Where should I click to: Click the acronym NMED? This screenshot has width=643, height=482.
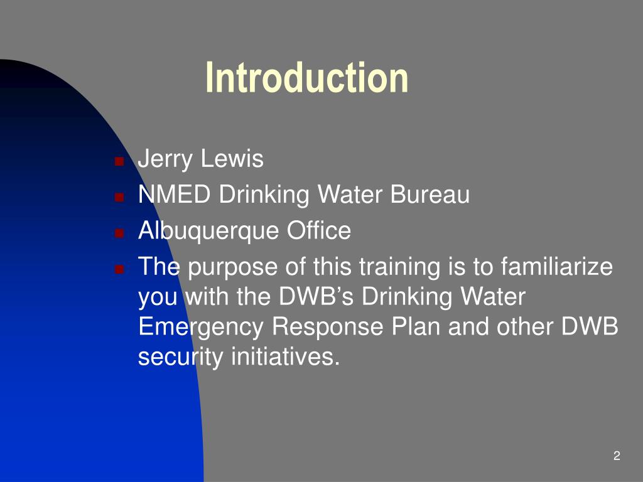pos(175,195)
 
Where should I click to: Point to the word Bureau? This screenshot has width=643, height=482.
pos(430,195)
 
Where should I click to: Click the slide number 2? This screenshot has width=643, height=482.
pos(617,456)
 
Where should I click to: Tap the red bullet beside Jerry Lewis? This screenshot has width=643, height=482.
pos(118,161)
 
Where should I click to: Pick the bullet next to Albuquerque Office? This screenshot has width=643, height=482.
pos(118,232)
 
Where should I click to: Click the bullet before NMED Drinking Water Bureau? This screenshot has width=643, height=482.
pos(118,196)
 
